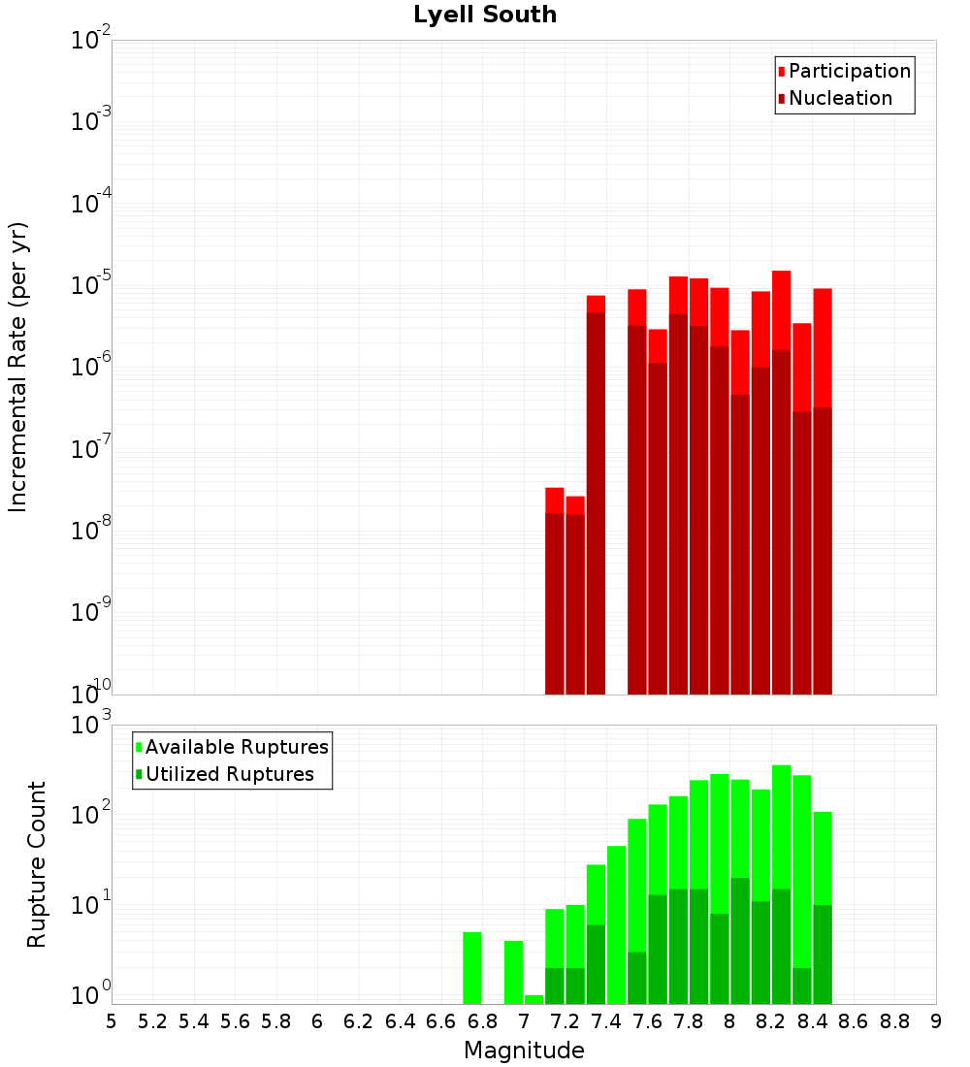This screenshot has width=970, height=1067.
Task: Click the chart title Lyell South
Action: [x=485, y=16]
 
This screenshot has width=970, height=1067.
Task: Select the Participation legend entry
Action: [x=849, y=71]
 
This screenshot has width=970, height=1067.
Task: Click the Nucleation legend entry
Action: [x=839, y=98]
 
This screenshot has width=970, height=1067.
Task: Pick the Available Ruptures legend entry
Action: [x=236, y=747]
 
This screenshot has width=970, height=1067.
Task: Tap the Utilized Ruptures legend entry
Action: [x=229, y=774]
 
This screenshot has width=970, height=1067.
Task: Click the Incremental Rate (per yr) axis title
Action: [x=18, y=367]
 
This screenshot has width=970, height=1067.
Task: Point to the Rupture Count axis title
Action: [x=37, y=864]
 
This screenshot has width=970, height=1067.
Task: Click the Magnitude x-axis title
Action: [x=524, y=1051]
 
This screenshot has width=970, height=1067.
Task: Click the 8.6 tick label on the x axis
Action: [x=854, y=1021]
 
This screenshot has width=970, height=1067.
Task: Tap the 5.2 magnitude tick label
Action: [x=152, y=1021]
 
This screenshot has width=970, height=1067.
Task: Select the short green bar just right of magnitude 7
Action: [x=533, y=999]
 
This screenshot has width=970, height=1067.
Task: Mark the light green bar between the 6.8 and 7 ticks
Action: [x=513, y=972]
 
